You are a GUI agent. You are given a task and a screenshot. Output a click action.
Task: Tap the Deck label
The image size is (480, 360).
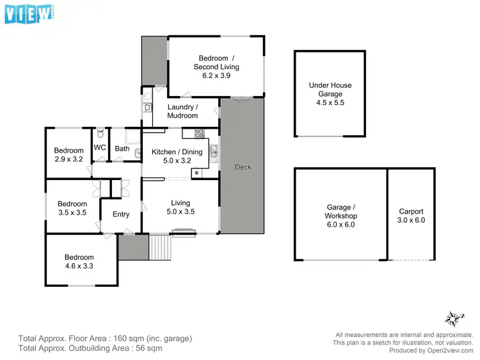coord(243,167)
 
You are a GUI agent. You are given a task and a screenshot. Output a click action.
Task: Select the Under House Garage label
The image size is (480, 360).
coord(330,94)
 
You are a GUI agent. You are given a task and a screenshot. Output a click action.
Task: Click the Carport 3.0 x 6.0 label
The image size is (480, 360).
coord(412,215)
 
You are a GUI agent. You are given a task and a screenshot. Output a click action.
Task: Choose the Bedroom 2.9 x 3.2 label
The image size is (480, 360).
coord(68,155)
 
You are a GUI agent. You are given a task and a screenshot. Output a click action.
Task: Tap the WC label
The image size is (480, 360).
coord(100,148)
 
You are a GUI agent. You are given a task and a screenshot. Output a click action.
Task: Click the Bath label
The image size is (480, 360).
coord(122,149)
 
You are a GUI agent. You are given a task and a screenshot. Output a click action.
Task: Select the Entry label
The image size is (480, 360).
coord(121,215)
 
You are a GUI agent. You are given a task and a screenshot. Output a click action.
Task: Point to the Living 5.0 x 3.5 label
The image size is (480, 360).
coord(180,207)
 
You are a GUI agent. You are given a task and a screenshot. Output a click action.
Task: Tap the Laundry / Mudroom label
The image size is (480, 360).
coord(182,111)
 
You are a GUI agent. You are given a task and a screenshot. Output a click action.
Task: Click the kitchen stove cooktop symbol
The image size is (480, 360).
coord(199,134)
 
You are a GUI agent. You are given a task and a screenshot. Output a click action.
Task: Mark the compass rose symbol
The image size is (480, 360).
coord(454,317)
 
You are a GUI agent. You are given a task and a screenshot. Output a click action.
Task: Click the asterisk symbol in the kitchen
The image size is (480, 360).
coord(196,173)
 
